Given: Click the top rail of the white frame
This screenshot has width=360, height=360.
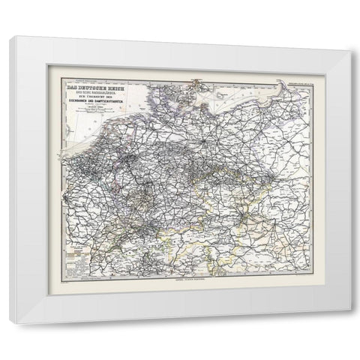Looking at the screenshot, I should coord(180,43).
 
